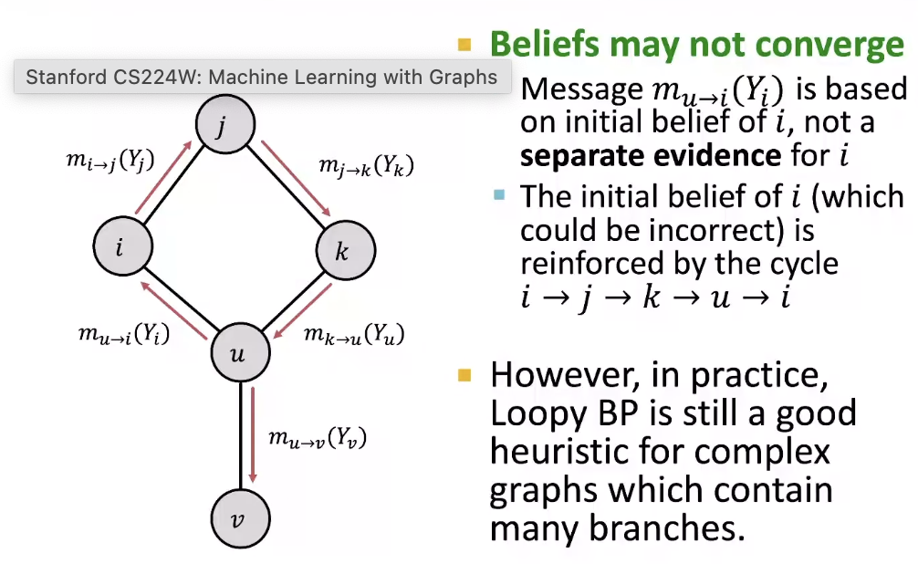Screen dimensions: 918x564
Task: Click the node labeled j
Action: (220, 126)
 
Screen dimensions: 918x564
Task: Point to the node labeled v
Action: (239, 520)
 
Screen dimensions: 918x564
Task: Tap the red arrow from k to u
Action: (302, 310)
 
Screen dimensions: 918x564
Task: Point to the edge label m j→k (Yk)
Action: (365, 166)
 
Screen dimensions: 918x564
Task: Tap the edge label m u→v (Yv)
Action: (317, 438)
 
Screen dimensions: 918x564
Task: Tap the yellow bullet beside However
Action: (464, 375)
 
